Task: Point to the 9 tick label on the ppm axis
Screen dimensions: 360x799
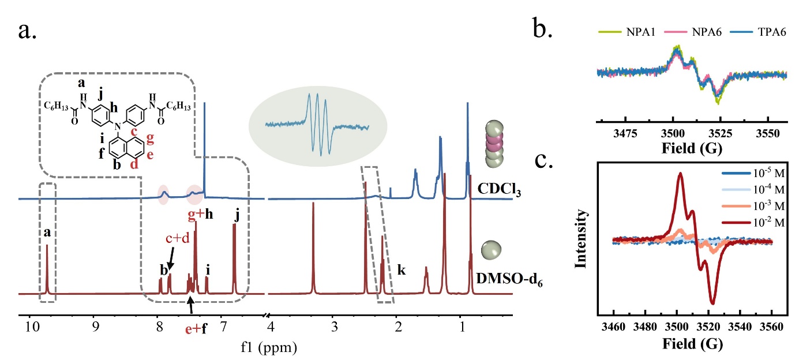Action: pyautogui.click(x=95, y=327)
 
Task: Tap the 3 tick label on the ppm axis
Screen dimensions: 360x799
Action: pyautogui.click(x=333, y=327)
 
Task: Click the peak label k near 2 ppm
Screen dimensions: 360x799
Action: pyautogui.click(x=402, y=269)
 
